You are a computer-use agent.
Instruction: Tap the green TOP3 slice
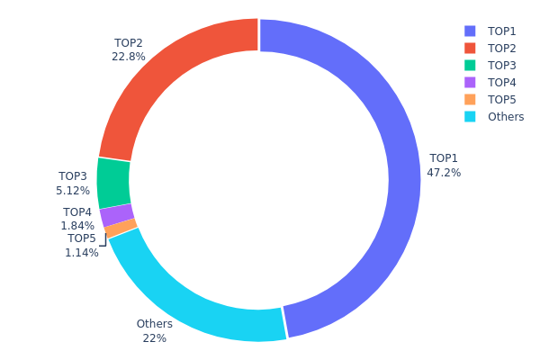[113, 183]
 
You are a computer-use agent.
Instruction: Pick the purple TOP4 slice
[117, 216]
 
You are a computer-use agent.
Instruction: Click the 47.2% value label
[444, 172]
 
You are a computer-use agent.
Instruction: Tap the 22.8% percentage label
[128, 56]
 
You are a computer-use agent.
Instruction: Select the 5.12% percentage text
[73, 190]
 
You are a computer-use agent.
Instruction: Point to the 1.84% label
[77, 226]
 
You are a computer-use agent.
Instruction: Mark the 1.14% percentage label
[81, 253]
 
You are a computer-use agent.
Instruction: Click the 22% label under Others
[154, 338]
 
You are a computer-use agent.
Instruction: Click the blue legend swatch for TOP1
[470, 31]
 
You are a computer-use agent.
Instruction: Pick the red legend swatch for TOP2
[470, 48]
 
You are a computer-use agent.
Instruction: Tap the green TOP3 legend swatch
[470, 65]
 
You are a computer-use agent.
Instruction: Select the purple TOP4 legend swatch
[470, 82]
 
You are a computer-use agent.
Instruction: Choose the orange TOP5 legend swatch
[470, 99]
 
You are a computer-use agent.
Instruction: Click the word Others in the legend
[505, 117]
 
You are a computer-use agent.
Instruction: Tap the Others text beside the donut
[154, 324]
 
